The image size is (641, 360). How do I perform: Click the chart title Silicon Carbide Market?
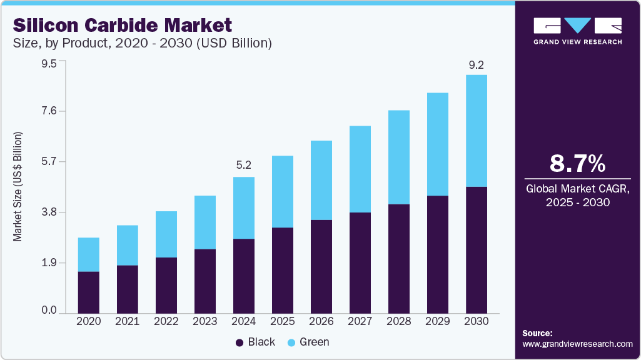pyautogui.click(x=122, y=26)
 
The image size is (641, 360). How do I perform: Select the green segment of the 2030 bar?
pyautogui.click(x=477, y=131)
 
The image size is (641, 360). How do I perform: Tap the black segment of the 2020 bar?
pyautogui.click(x=88, y=292)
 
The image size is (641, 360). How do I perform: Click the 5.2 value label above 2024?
pyautogui.click(x=243, y=166)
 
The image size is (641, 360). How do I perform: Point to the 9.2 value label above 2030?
pyautogui.click(x=477, y=64)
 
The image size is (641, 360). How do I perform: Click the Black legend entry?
pyautogui.click(x=255, y=342)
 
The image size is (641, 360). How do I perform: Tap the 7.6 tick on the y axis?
pyautogui.click(x=49, y=111)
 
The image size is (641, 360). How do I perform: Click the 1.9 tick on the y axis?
pyautogui.click(x=49, y=262)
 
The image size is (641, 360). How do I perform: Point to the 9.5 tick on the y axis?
pyautogui.click(x=49, y=63)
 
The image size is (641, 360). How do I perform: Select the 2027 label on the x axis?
pyautogui.click(x=360, y=321)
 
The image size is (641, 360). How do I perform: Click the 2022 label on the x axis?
pyautogui.click(x=166, y=321)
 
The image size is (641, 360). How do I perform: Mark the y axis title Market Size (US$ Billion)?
pyautogui.click(x=18, y=187)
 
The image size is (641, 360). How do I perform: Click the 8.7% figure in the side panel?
pyautogui.click(x=577, y=164)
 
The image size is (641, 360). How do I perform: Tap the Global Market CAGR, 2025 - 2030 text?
pyautogui.click(x=577, y=195)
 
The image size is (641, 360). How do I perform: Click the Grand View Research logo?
pyautogui.click(x=577, y=30)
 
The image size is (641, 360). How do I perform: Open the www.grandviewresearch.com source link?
pyautogui.click(x=577, y=344)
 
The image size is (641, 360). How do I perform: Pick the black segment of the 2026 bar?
pyautogui.click(x=321, y=266)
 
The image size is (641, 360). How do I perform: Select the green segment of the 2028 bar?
pyautogui.click(x=399, y=157)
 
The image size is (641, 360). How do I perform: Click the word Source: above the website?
pyautogui.click(x=537, y=334)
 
